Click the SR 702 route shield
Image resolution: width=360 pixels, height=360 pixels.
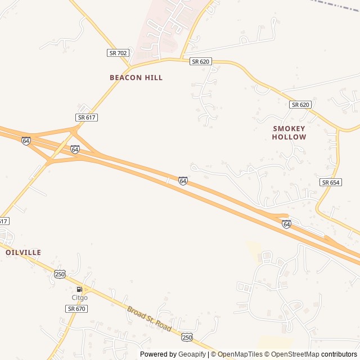118,53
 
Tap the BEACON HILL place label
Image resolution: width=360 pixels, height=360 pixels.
136,78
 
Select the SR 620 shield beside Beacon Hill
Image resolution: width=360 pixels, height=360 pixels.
200,61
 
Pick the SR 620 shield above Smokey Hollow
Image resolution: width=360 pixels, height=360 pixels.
301,105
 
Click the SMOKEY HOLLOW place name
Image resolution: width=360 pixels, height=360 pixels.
289,133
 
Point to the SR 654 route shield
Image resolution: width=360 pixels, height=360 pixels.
331,183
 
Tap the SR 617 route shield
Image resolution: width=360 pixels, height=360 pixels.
87,117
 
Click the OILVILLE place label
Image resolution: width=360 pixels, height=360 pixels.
23,253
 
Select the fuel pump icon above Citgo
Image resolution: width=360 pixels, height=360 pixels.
79,289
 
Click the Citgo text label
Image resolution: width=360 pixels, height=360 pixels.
79,297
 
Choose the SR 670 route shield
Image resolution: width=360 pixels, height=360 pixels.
76,309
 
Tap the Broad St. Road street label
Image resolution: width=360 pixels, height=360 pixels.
148,318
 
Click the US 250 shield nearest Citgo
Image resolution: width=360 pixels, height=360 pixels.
60,274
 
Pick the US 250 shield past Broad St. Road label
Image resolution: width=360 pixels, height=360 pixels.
187,337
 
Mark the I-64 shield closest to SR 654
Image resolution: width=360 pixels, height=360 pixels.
287,224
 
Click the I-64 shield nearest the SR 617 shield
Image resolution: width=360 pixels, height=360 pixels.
75,149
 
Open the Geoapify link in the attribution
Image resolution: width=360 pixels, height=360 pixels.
192,354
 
